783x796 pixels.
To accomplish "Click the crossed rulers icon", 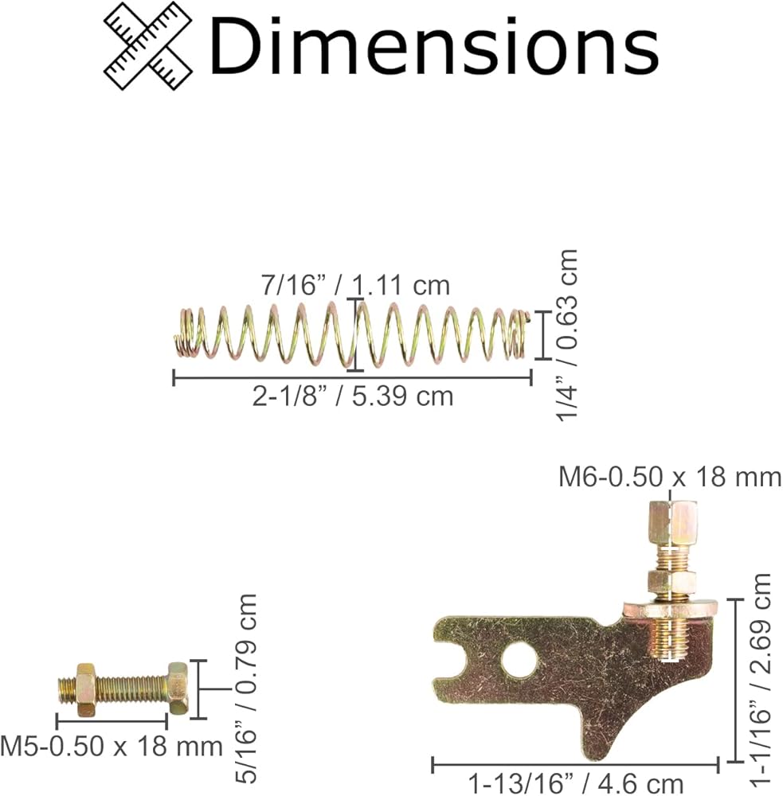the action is pos(148,46).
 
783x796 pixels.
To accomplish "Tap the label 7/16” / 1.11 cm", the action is pos(356,285).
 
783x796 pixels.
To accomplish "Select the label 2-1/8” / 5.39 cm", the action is pos(353,396).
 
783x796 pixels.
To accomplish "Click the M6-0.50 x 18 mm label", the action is pos(670,477).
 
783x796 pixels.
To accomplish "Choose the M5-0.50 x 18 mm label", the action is pos(112,747).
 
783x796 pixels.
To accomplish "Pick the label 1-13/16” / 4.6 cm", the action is pos(575,784).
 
